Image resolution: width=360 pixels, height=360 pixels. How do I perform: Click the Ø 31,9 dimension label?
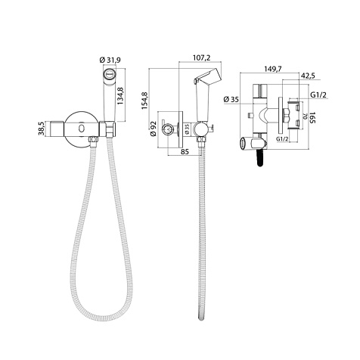110,60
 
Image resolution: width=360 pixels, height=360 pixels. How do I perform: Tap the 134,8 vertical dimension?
120,96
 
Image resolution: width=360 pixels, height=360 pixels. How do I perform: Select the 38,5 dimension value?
42,128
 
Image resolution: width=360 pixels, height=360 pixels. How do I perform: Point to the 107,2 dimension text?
202,57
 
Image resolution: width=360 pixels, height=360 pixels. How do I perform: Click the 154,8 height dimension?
145,101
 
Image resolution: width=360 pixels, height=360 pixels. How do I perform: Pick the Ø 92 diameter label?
154,129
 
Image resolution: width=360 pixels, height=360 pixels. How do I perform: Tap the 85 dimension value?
185,151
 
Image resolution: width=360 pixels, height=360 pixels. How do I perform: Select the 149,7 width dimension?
272,69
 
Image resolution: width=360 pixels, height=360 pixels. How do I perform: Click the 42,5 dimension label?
309,76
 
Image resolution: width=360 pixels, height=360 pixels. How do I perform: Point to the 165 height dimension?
313,118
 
